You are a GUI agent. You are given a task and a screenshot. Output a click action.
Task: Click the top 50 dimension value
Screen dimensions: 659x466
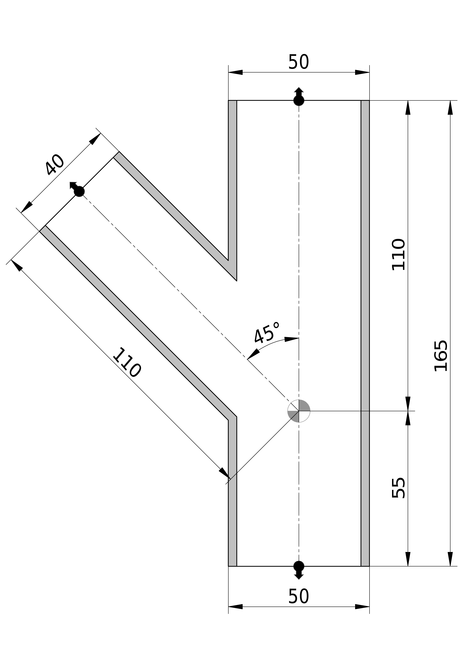[299, 62]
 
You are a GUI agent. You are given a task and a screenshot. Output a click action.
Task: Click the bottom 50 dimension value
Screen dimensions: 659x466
[299, 596]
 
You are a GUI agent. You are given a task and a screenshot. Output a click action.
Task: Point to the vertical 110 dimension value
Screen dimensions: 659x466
[399, 254]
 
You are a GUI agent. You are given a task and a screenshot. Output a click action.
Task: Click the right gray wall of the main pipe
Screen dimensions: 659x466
[365, 316]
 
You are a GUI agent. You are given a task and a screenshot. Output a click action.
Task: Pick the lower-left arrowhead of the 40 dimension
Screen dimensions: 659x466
[26, 207]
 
